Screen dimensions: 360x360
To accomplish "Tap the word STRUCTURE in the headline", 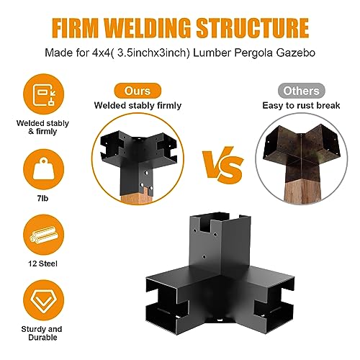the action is point(253,27).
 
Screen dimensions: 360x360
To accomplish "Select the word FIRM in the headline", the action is point(76,27).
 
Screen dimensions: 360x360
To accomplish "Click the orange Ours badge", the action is point(138,91).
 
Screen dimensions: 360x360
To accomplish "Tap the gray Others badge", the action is point(301,91).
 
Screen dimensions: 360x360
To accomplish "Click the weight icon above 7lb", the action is point(43,169).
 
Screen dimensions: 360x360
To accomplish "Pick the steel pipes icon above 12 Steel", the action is point(43,235).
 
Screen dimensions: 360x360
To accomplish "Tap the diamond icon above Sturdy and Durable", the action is point(43,300).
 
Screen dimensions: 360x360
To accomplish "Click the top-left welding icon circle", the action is point(43,94).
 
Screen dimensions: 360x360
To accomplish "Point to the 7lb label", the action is point(42,199).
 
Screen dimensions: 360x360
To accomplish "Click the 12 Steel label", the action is point(42,264).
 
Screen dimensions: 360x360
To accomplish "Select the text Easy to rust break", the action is point(301,106).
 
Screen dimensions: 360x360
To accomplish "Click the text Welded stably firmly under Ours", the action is point(138,106).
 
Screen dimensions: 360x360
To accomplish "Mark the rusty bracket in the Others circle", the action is point(302,152).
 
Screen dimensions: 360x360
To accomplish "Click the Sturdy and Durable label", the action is point(42,333).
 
